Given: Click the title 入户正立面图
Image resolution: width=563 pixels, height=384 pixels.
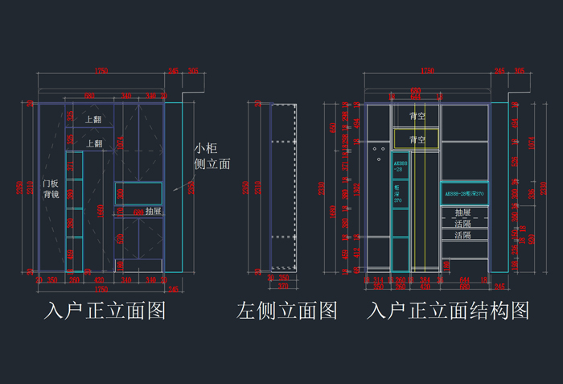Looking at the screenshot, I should click(x=105, y=311).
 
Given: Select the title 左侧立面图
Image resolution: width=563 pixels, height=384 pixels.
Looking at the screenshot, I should click(x=286, y=311).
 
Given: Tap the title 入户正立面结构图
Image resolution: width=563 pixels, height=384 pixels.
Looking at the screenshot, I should click(x=449, y=311).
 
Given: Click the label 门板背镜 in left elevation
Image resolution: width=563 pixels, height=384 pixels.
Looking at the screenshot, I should click(x=51, y=188).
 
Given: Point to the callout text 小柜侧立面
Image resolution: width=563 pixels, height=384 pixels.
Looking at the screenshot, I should click(x=212, y=156).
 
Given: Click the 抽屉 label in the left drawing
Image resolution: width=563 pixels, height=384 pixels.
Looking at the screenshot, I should click(x=154, y=211).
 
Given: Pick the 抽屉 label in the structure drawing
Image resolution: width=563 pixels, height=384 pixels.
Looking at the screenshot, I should click(x=462, y=213).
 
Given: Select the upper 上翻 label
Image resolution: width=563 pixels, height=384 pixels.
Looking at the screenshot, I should click(x=93, y=120).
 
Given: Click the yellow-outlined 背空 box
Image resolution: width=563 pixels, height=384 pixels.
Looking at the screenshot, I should click(x=417, y=139).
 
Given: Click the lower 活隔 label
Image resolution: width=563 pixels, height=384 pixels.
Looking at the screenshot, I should click(x=462, y=236).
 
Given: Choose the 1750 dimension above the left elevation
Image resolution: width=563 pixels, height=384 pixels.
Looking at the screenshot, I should click(x=101, y=72).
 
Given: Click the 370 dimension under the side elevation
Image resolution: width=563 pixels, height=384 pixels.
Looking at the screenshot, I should click(x=282, y=286).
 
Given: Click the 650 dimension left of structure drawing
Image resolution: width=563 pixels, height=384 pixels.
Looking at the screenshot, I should click(x=334, y=127).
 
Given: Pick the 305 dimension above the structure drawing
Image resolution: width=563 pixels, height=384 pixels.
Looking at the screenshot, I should click(x=520, y=72).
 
